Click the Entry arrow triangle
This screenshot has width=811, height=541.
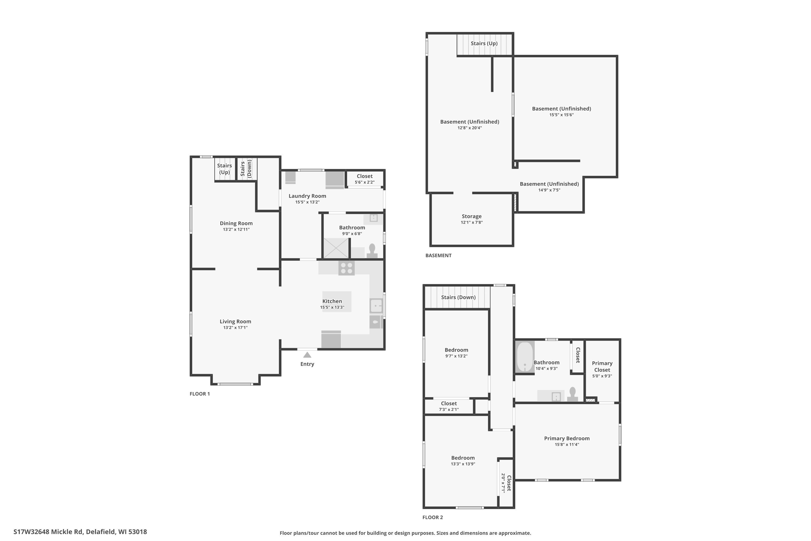[x=307, y=355]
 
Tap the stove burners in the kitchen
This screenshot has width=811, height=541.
[x=347, y=268]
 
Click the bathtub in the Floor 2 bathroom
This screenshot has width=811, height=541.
[x=525, y=357]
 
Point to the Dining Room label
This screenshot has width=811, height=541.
[x=236, y=223]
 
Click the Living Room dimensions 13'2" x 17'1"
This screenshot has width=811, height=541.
[x=235, y=327]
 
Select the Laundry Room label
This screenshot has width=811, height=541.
[x=307, y=196]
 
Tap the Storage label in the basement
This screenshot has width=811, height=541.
[x=472, y=216]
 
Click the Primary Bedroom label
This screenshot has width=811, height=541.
[x=567, y=438]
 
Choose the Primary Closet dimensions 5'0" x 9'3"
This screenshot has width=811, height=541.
[x=602, y=376]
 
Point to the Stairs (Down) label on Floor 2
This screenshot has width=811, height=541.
[x=458, y=297]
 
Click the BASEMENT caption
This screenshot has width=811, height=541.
[x=438, y=255]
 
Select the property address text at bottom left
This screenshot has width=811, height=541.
[x=80, y=532]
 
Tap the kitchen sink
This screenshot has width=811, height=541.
[x=376, y=306]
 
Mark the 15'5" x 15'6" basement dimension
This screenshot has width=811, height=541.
[x=561, y=115]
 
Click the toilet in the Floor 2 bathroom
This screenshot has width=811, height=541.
[x=572, y=394]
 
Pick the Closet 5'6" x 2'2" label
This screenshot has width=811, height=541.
[x=364, y=179]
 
